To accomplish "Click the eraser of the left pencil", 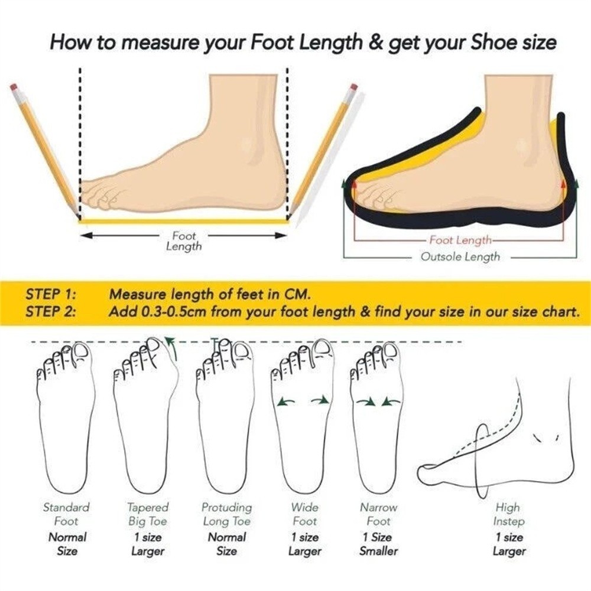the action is (x=14, y=87).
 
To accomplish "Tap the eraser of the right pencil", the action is (x=353, y=87).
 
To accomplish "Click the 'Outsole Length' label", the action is (x=460, y=256).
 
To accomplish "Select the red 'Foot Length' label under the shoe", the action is (x=460, y=240).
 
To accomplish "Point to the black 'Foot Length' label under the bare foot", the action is (x=184, y=241).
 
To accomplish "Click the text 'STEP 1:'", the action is (x=50, y=294).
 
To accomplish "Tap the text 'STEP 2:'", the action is (x=50, y=311).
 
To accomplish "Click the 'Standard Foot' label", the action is (x=66, y=514).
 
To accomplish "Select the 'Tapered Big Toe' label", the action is (x=147, y=514).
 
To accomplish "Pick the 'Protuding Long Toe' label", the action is (x=226, y=514).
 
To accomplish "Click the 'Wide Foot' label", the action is (x=304, y=514).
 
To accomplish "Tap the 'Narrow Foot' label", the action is (x=378, y=514).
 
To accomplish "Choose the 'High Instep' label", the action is (x=508, y=514).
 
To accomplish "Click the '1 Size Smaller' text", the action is (x=378, y=544).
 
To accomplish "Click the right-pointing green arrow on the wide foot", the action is (x=320, y=401).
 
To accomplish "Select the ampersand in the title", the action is (x=375, y=43).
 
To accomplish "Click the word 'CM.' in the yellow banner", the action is (x=297, y=294).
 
